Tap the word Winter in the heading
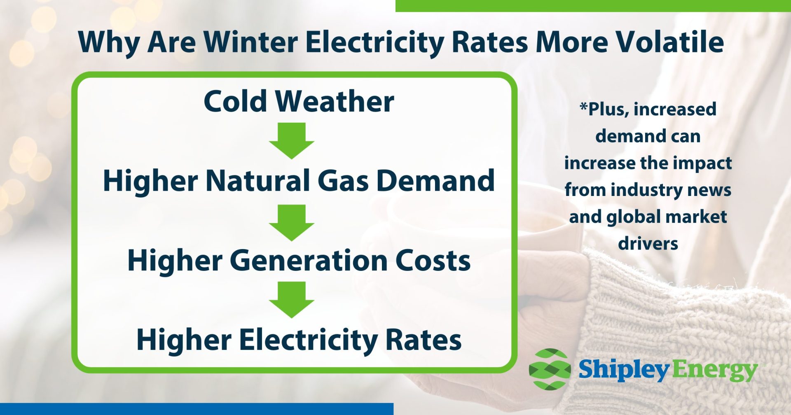[x=250, y=42]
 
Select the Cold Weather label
[x=299, y=101]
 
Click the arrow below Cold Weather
[x=292, y=140]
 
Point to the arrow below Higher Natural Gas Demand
[x=292, y=222]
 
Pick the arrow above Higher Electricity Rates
[x=292, y=299]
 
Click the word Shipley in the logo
[x=624, y=370]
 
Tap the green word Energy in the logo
[x=715, y=371]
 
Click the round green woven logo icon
[x=550, y=369]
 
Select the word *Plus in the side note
[x=604, y=110]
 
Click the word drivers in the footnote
[x=648, y=243]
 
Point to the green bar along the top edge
[x=593, y=5]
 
